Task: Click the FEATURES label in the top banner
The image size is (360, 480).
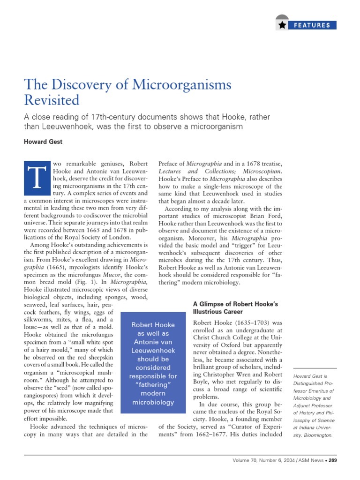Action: (x=312, y=25)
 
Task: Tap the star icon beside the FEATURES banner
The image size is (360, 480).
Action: (x=282, y=25)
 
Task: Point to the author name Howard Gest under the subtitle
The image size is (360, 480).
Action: (x=43, y=141)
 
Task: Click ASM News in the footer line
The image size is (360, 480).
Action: (x=311, y=460)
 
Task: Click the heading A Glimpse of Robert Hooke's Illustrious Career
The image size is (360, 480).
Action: (x=235, y=307)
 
